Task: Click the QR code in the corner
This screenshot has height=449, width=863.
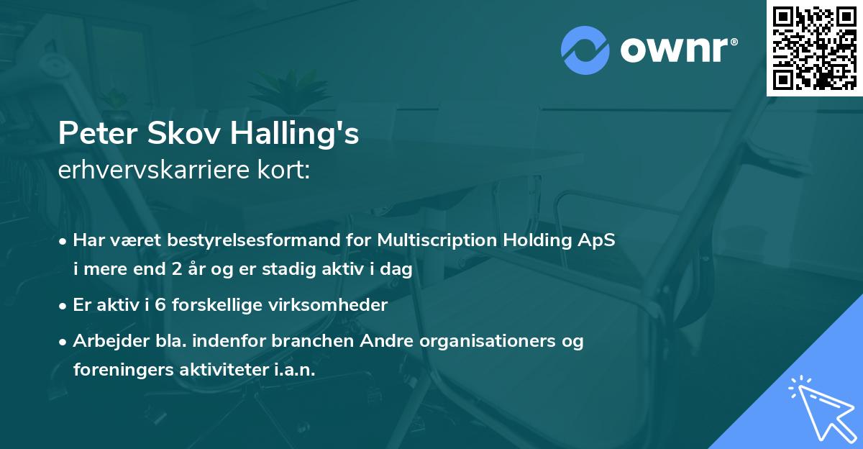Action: point(813,47)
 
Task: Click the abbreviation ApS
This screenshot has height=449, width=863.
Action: point(598,241)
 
